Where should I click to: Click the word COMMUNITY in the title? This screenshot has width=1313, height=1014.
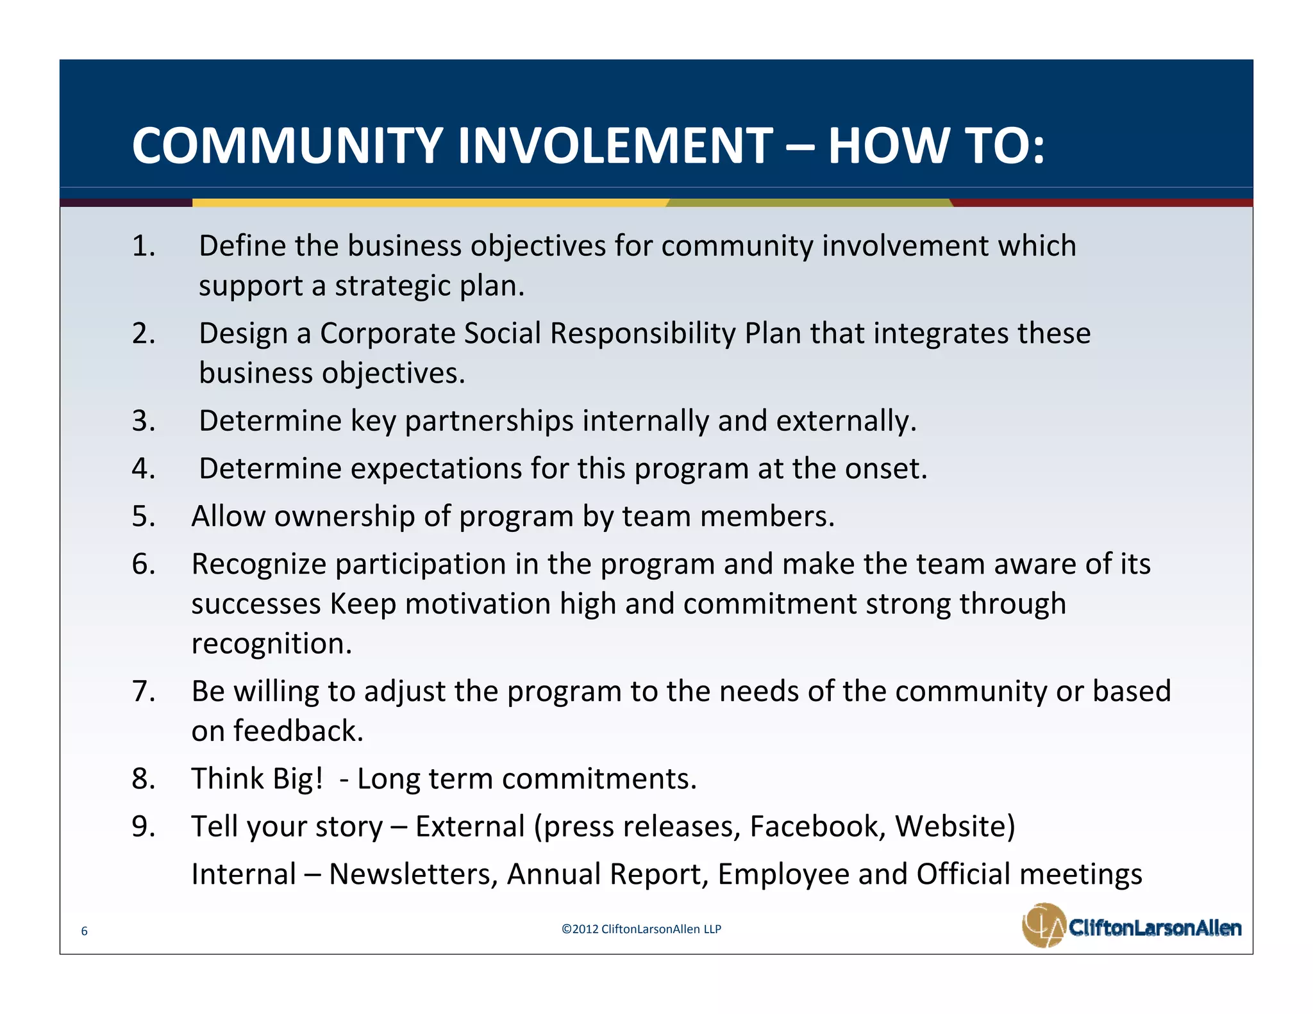tap(287, 145)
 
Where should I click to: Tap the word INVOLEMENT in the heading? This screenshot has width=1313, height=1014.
tap(615, 145)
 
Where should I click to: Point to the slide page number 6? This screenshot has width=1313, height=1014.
tap(84, 931)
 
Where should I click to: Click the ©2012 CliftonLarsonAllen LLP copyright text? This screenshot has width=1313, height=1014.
tap(640, 929)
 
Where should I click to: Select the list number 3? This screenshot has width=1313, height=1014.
tap(144, 421)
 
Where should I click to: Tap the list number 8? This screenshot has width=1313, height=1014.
tap(144, 779)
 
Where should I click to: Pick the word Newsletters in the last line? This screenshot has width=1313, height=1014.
tap(414, 874)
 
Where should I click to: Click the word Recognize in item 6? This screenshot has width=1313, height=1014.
tap(259, 564)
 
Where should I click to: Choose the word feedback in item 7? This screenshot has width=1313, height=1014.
tap(297, 731)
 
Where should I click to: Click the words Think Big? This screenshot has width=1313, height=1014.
tap(257, 779)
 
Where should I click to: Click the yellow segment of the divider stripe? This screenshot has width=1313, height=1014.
tap(430, 203)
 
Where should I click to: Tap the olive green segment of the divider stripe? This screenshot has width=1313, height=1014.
tap(808, 203)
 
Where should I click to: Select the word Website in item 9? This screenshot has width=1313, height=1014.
tap(955, 826)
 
